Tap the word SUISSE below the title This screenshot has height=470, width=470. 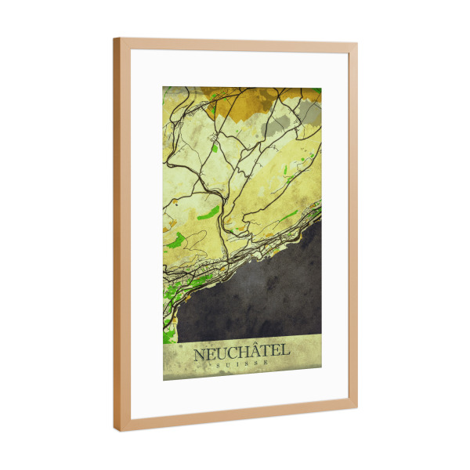point(241,363)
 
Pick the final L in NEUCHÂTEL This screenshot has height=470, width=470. point(285,352)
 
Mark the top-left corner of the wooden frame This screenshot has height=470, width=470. point(114,38)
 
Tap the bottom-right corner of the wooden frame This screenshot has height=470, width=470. point(356,407)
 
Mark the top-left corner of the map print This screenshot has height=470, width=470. point(164,87)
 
